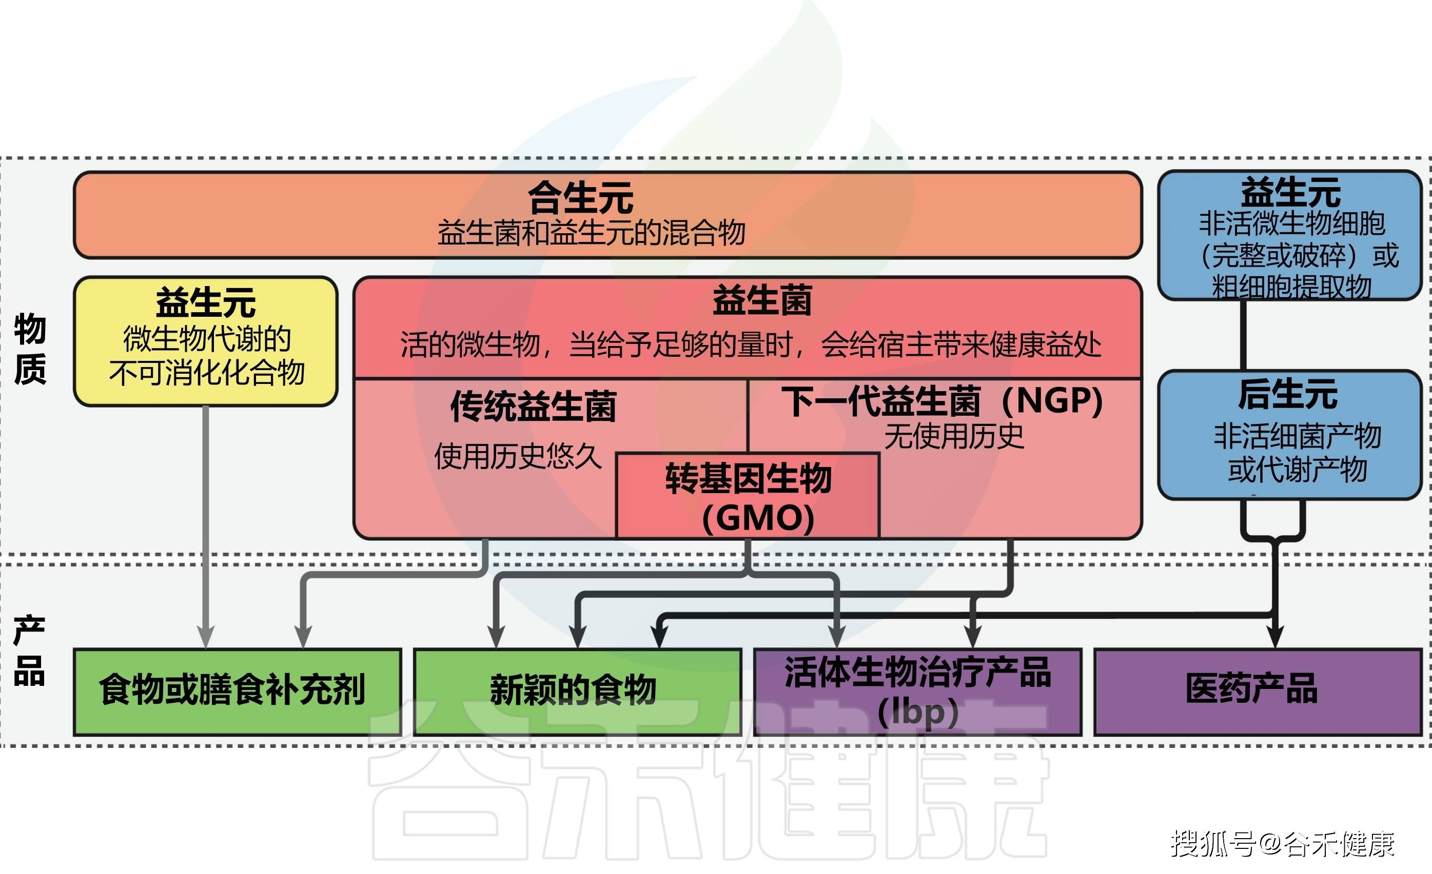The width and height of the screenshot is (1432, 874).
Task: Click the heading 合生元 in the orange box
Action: click(580, 198)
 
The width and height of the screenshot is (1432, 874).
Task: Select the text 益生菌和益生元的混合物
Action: click(591, 233)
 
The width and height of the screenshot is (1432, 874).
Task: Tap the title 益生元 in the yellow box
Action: click(205, 302)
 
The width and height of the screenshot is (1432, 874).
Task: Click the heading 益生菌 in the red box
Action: click(762, 300)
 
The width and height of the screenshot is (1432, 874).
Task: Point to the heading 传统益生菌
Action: click(533, 406)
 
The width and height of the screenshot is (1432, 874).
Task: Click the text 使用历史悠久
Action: click(518, 456)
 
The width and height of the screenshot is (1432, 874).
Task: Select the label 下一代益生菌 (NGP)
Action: click(941, 401)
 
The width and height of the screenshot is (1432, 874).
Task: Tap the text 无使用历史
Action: click(954, 436)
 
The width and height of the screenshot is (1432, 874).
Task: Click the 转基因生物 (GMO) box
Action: click(748, 497)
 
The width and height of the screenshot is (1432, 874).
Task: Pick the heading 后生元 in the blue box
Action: click(1288, 394)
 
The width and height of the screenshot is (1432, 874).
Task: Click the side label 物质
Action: click(30, 349)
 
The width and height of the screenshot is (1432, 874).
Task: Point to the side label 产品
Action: click(29, 651)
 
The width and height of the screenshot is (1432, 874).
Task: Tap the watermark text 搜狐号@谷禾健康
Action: click(1282, 843)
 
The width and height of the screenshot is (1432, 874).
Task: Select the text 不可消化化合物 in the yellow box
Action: click(207, 372)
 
